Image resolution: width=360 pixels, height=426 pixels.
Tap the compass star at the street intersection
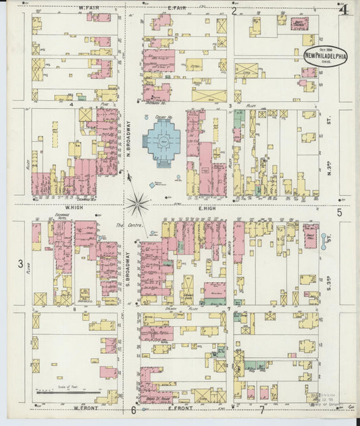point(138,201)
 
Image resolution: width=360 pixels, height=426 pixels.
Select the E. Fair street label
point(177,8)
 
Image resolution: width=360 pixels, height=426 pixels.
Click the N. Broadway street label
point(127,138)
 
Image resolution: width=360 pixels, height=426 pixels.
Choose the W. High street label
point(73,207)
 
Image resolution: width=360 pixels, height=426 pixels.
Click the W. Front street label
point(85,408)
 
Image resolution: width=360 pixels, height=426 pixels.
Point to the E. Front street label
point(181,408)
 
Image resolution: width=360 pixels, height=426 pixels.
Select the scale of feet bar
point(68,391)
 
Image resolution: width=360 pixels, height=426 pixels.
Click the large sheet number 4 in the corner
point(344,9)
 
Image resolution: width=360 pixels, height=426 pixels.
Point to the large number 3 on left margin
point(21,263)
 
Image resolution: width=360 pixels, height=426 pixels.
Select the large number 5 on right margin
point(340,213)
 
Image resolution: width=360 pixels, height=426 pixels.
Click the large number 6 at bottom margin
point(134,410)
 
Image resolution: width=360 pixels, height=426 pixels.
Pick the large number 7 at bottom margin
point(261,409)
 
